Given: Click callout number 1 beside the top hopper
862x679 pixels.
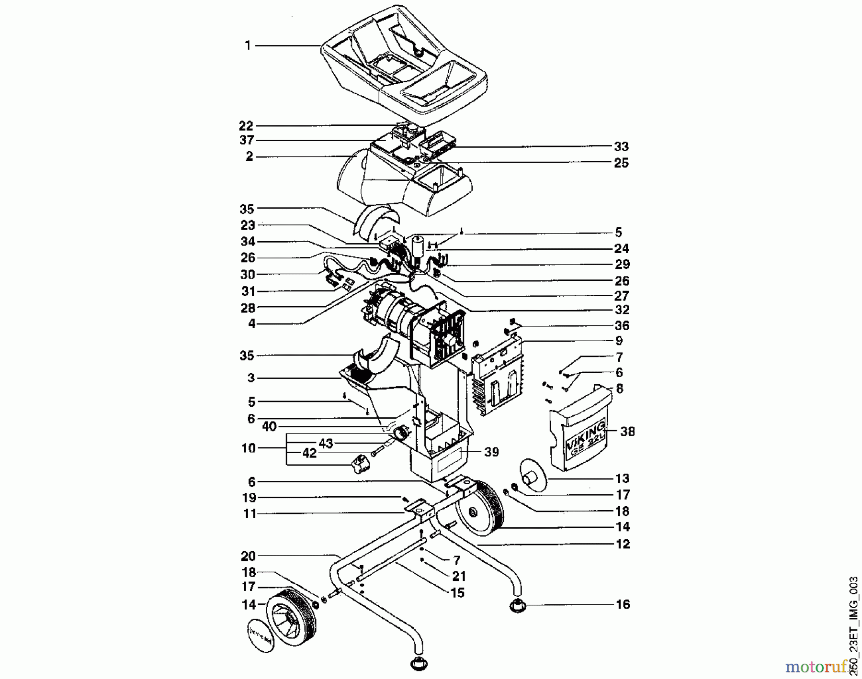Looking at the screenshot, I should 248,45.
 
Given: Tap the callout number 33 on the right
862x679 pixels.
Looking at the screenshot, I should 621,146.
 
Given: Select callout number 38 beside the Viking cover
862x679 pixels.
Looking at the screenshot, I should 627,432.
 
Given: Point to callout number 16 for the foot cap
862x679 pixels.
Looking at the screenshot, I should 623,604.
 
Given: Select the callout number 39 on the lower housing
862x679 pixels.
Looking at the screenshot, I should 492,452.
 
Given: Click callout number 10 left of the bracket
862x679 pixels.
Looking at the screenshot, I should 249,448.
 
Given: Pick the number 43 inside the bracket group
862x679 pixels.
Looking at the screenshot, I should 326,444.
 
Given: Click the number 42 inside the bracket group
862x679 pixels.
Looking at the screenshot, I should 310,454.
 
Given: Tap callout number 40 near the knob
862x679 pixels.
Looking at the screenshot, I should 270,426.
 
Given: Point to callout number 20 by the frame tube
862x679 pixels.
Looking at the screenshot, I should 249,556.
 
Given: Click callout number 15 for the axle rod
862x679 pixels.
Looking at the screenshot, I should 458,593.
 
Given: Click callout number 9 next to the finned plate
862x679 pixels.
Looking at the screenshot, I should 619,341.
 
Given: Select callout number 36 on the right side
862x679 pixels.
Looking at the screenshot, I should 622,325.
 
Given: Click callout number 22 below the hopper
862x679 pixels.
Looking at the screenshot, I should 246,126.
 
